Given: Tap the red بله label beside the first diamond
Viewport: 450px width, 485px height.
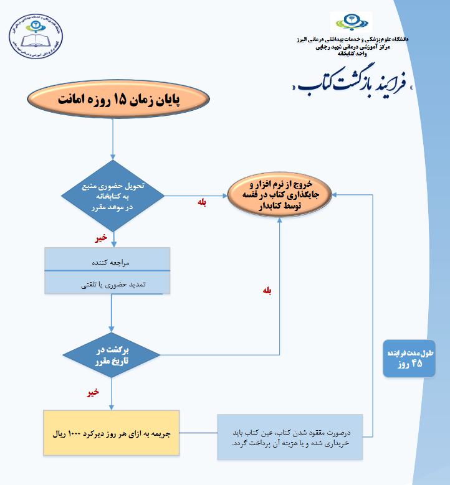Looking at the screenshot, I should pos(201,203).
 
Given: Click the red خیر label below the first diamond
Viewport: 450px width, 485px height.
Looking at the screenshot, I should pos(101,237).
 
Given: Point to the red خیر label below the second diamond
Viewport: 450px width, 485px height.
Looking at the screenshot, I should pos(93,392).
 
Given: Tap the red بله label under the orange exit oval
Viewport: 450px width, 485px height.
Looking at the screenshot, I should pos(267,290).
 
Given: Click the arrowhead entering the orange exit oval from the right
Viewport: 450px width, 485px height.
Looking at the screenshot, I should pos(335,194).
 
